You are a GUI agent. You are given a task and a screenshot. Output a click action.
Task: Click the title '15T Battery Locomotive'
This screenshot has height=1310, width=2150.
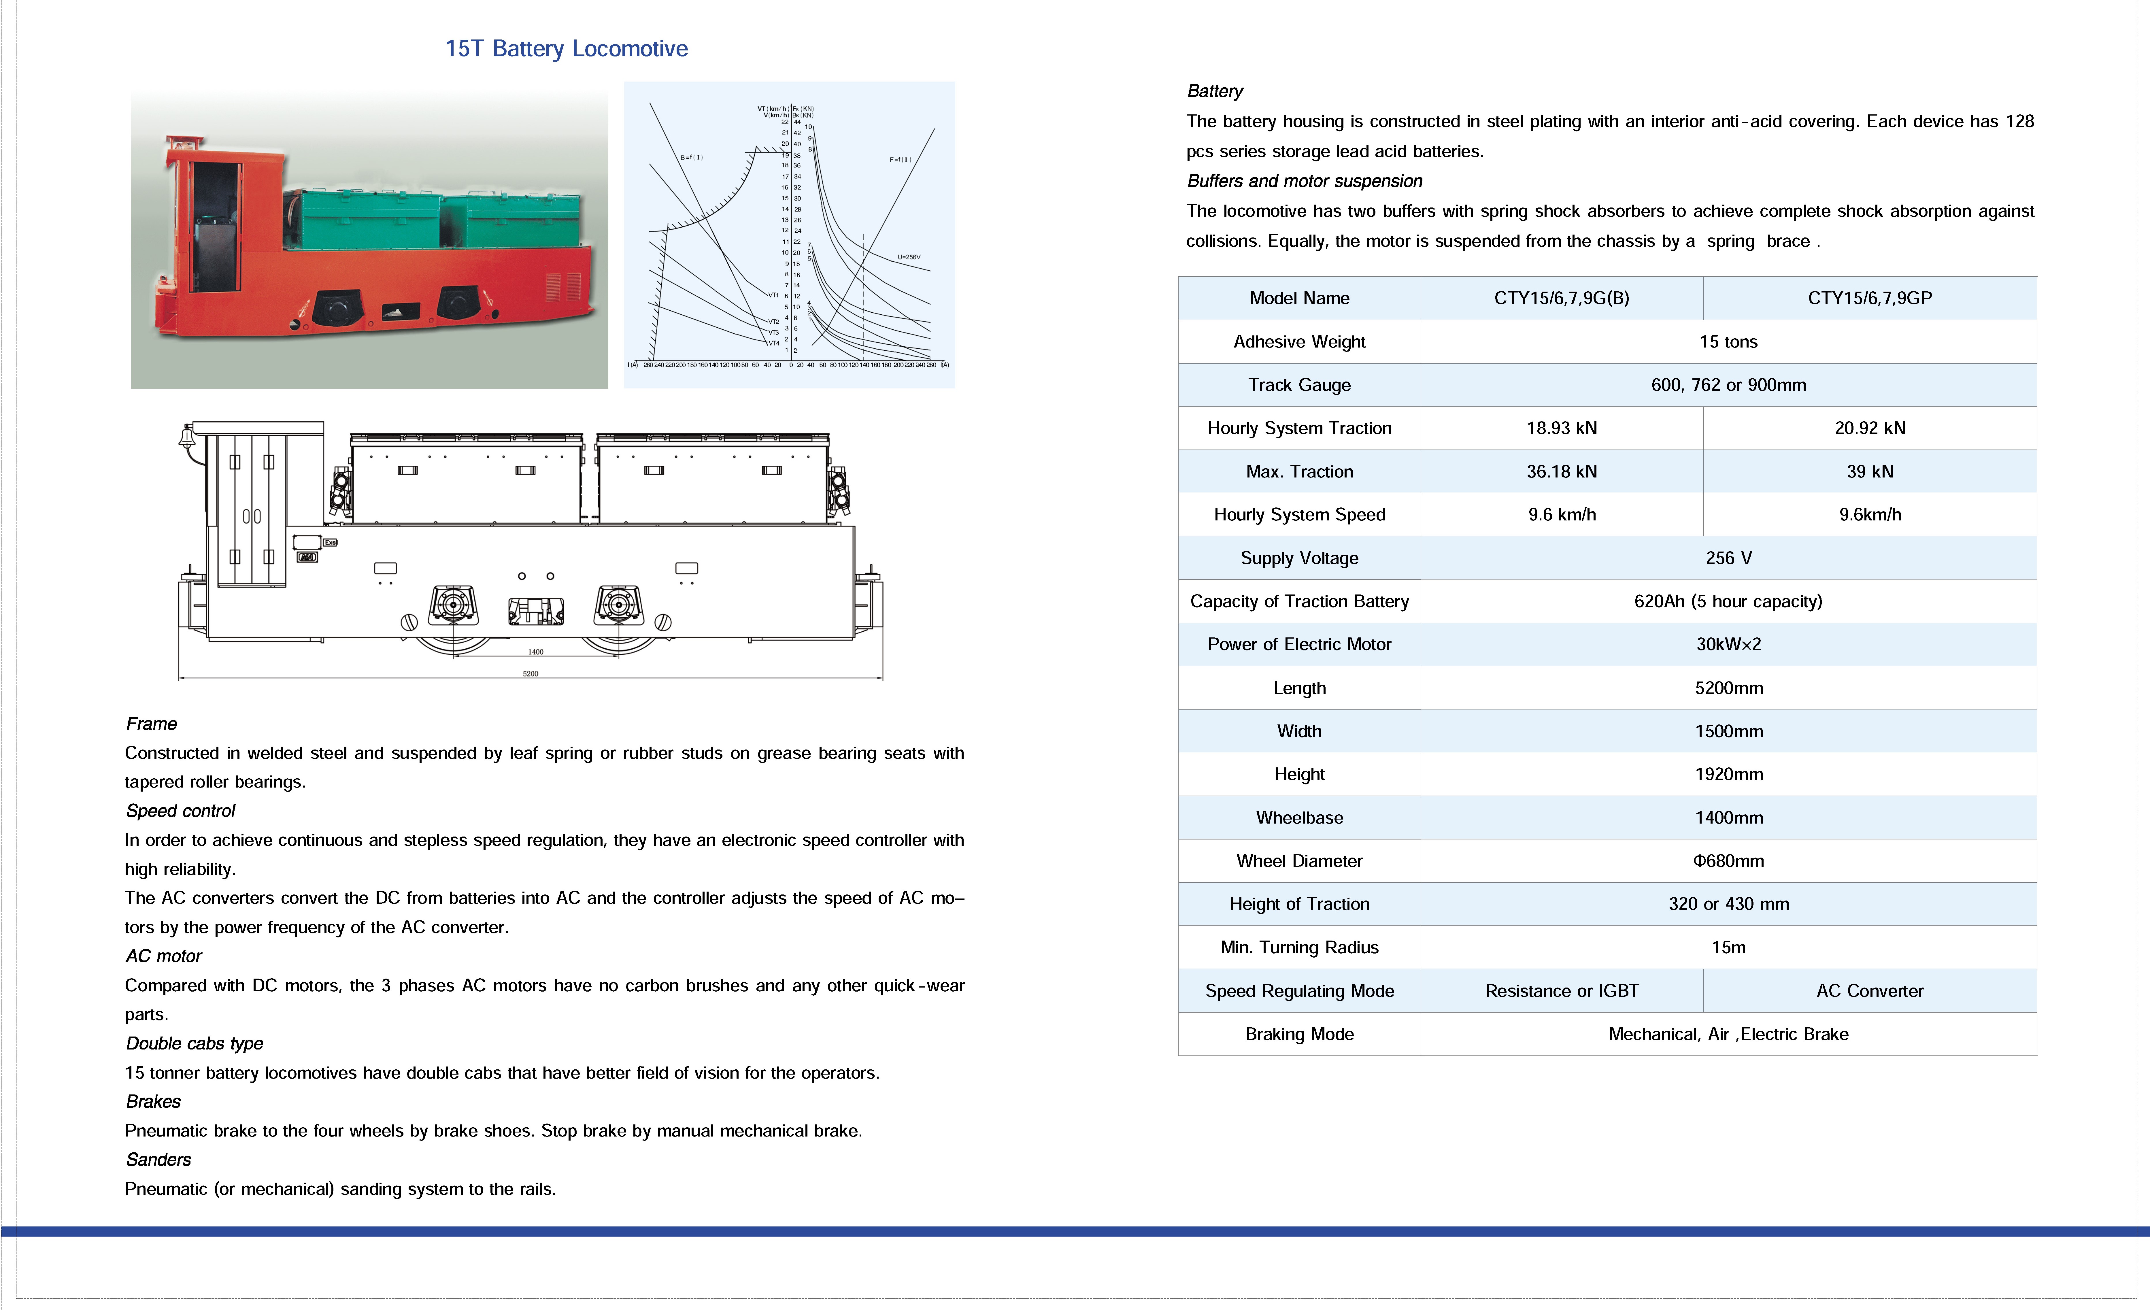pos(566,49)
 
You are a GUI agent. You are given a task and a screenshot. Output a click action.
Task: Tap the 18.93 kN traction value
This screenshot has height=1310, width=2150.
pos(1561,428)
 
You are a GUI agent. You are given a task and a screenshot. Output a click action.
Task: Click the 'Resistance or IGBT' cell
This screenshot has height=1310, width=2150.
pos(1561,991)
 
